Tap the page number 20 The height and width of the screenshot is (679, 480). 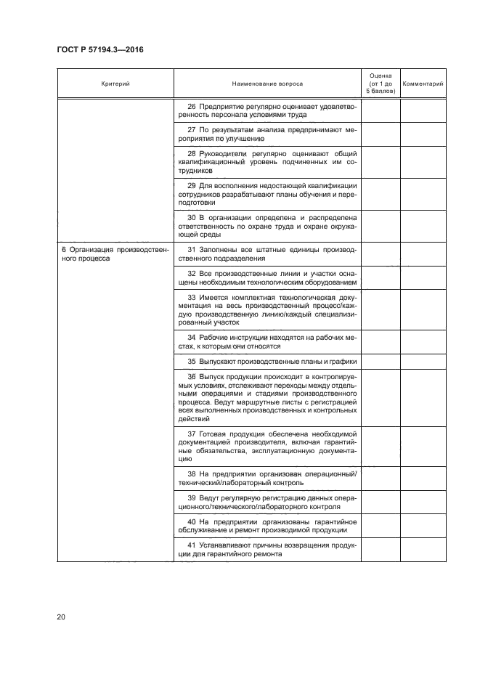coord(60,617)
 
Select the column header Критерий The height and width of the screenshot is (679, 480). coord(115,84)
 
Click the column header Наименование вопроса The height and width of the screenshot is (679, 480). coord(267,84)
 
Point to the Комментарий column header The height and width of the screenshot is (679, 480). coord(423,84)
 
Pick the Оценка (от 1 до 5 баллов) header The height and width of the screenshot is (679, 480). coord(381,84)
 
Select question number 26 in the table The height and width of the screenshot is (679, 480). coord(192,105)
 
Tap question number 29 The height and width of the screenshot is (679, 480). coord(192,186)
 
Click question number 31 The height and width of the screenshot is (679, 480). coord(192,250)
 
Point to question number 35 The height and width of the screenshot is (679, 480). coord(192,361)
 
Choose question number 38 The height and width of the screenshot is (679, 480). coord(192,474)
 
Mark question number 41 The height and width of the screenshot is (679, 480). coord(192,545)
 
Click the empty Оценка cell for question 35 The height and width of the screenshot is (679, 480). coord(381,361)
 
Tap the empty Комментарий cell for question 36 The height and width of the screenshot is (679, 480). coord(423,398)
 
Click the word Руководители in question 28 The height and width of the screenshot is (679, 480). coord(225,154)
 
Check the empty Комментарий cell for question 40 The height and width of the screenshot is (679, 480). coord(423,524)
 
